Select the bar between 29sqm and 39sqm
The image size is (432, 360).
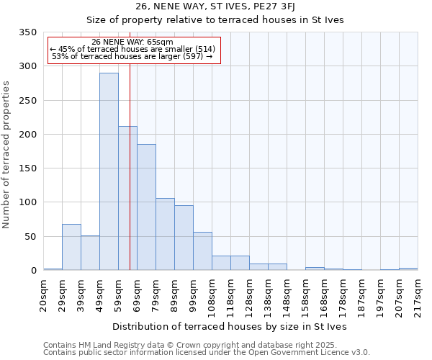(71, 247)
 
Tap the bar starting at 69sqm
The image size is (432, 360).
(146, 207)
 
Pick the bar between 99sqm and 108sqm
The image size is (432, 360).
(202, 251)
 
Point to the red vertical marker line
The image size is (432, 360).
(130, 166)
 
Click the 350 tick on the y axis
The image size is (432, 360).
(27, 32)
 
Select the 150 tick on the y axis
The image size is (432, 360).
(27, 168)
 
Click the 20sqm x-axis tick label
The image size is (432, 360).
(44, 292)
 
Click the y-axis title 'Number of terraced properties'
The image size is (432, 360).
(6, 155)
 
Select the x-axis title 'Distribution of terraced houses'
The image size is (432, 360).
(230, 327)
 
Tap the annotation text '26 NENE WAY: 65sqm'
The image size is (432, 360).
(133, 42)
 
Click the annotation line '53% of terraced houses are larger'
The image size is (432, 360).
(132, 56)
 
